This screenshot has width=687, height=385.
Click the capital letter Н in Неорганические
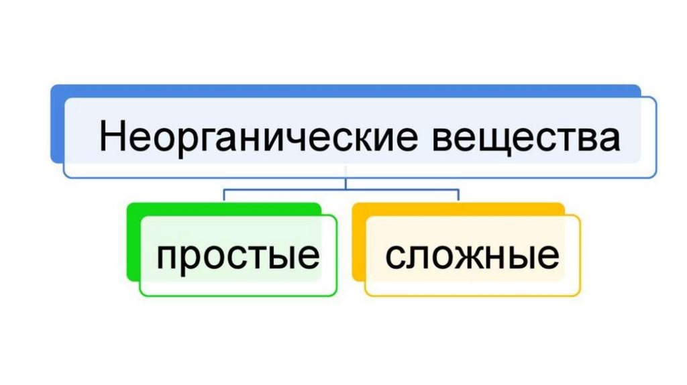point(110,138)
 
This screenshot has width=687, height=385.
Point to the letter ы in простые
point(280,258)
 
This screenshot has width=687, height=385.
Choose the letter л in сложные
point(417,258)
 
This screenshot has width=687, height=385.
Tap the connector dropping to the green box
point(223,195)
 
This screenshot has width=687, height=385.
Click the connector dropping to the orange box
point(458,195)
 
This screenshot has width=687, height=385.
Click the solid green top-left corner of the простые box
point(132,209)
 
